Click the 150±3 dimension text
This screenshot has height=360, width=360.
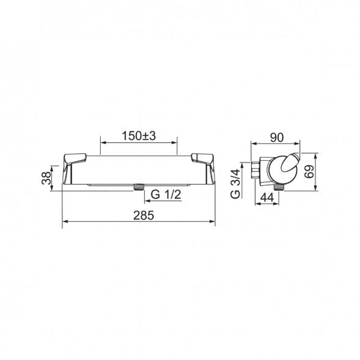139,136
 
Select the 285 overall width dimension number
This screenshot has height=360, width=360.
144,215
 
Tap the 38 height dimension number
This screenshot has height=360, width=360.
46,178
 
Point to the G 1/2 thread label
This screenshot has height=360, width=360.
166,195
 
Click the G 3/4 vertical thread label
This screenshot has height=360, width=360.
235,184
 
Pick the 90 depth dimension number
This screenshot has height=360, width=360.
277,138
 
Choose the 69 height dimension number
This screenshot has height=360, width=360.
309,172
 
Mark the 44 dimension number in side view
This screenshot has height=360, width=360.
267,197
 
